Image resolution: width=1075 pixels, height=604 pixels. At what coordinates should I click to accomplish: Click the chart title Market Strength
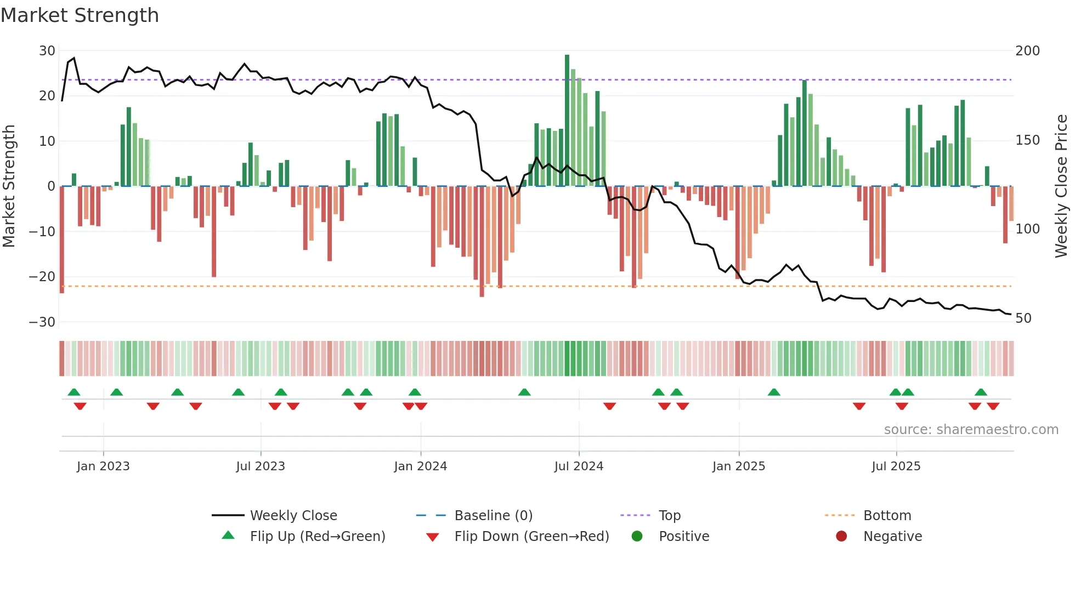80,15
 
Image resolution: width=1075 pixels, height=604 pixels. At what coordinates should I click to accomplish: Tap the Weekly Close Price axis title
1062,186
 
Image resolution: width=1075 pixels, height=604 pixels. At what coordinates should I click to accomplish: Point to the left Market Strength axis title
9,186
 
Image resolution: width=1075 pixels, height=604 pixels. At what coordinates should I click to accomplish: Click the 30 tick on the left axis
47,51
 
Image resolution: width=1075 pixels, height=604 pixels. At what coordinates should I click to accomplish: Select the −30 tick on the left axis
43,322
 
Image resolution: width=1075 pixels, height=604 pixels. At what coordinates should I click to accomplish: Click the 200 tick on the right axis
1027,51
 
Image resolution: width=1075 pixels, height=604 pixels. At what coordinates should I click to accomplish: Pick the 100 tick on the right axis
1027,229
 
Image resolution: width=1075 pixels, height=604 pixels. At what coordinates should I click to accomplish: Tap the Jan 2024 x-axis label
421,466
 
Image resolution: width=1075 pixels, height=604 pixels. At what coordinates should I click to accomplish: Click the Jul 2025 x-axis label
896,466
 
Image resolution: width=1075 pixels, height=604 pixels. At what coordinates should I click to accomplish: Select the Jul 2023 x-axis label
261,466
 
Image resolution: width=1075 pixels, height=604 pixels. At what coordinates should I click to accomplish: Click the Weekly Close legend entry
293,516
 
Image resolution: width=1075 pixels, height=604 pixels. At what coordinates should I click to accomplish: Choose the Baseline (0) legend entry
493,516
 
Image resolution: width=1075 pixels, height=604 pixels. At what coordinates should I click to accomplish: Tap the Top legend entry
669,516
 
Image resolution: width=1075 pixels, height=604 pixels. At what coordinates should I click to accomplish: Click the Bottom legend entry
887,516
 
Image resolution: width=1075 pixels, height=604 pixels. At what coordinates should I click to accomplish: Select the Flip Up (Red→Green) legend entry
317,537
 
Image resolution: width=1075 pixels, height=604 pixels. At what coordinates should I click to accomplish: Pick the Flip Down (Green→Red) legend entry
531,537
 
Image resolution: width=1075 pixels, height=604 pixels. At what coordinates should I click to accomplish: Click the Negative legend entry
892,537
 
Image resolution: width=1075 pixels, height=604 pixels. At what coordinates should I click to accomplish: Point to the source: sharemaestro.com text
971,430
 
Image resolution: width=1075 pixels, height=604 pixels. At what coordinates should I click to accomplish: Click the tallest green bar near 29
567,121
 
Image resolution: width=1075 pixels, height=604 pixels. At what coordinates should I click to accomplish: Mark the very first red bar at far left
62,240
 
